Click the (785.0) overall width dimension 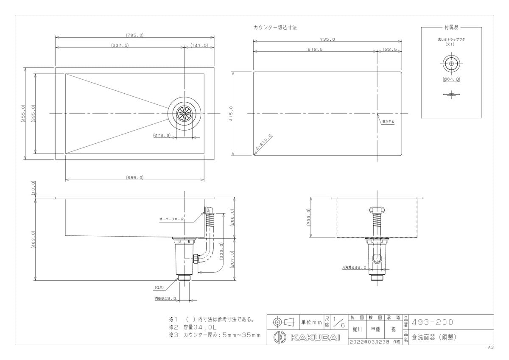coord(134,35)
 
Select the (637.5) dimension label coord(120,45)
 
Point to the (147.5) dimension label coord(199,45)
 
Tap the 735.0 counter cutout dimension coord(327,39)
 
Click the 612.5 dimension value coord(316,49)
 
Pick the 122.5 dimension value coord(389,49)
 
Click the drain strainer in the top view coord(185,114)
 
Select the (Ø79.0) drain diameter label coord(162,135)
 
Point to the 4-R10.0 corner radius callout coord(264,143)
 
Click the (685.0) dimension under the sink coord(134,177)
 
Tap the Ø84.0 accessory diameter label coord(451,79)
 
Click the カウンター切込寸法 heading coord(275,27)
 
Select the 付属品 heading coord(451,27)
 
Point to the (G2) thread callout coord(159,287)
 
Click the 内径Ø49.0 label coord(165,299)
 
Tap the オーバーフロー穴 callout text coord(171,219)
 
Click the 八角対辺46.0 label coord(354,268)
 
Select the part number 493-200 coord(432,322)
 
